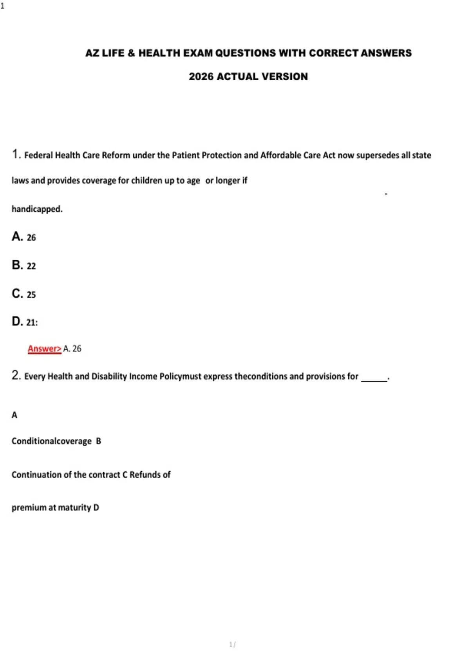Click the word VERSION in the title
pyautogui.click(x=285, y=76)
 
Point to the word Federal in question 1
pyautogui.click(x=38, y=155)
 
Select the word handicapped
pyautogui.click(x=37, y=209)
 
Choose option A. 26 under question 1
pyautogui.click(x=24, y=237)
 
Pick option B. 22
pyautogui.click(x=24, y=265)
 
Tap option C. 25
pyautogui.click(x=24, y=294)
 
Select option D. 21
pyautogui.click(x=25, y=322)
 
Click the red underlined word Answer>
pyautogui.click(x=44, y=348)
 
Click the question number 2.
pyautogui.click(x=16, y=375)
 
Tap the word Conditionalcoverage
pyautogui.click(x=51, y=441)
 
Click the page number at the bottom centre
pyautogui.click(x=232, y=644)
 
